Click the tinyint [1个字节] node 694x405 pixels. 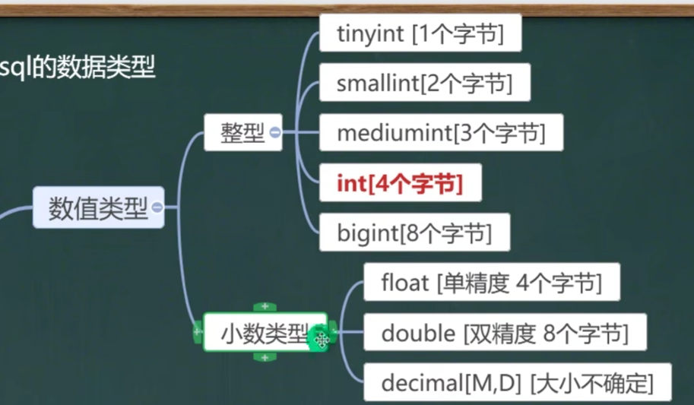tap(420, 34)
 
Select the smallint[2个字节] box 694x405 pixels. tap(424, 84)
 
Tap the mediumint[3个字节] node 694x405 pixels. tap(441, 133)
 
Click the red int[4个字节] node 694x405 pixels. tap(400, 183)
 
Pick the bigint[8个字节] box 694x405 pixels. tap(414, 233)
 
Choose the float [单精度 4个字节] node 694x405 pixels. tap(491, 283)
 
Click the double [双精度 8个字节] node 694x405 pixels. tap(504, 333)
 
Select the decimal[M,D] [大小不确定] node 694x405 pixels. tap(517, 383)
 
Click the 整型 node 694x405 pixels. tap(242, 133)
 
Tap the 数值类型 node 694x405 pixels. tap(98, 207)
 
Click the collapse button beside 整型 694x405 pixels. tap(275, 133)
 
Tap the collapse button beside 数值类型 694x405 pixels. tap(157, 207)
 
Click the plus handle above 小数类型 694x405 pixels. tap(265, 306)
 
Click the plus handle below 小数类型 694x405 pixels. tap(265, 357)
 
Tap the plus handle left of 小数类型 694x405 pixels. tap(198, 332)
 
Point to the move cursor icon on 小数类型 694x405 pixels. tap(321, 340)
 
